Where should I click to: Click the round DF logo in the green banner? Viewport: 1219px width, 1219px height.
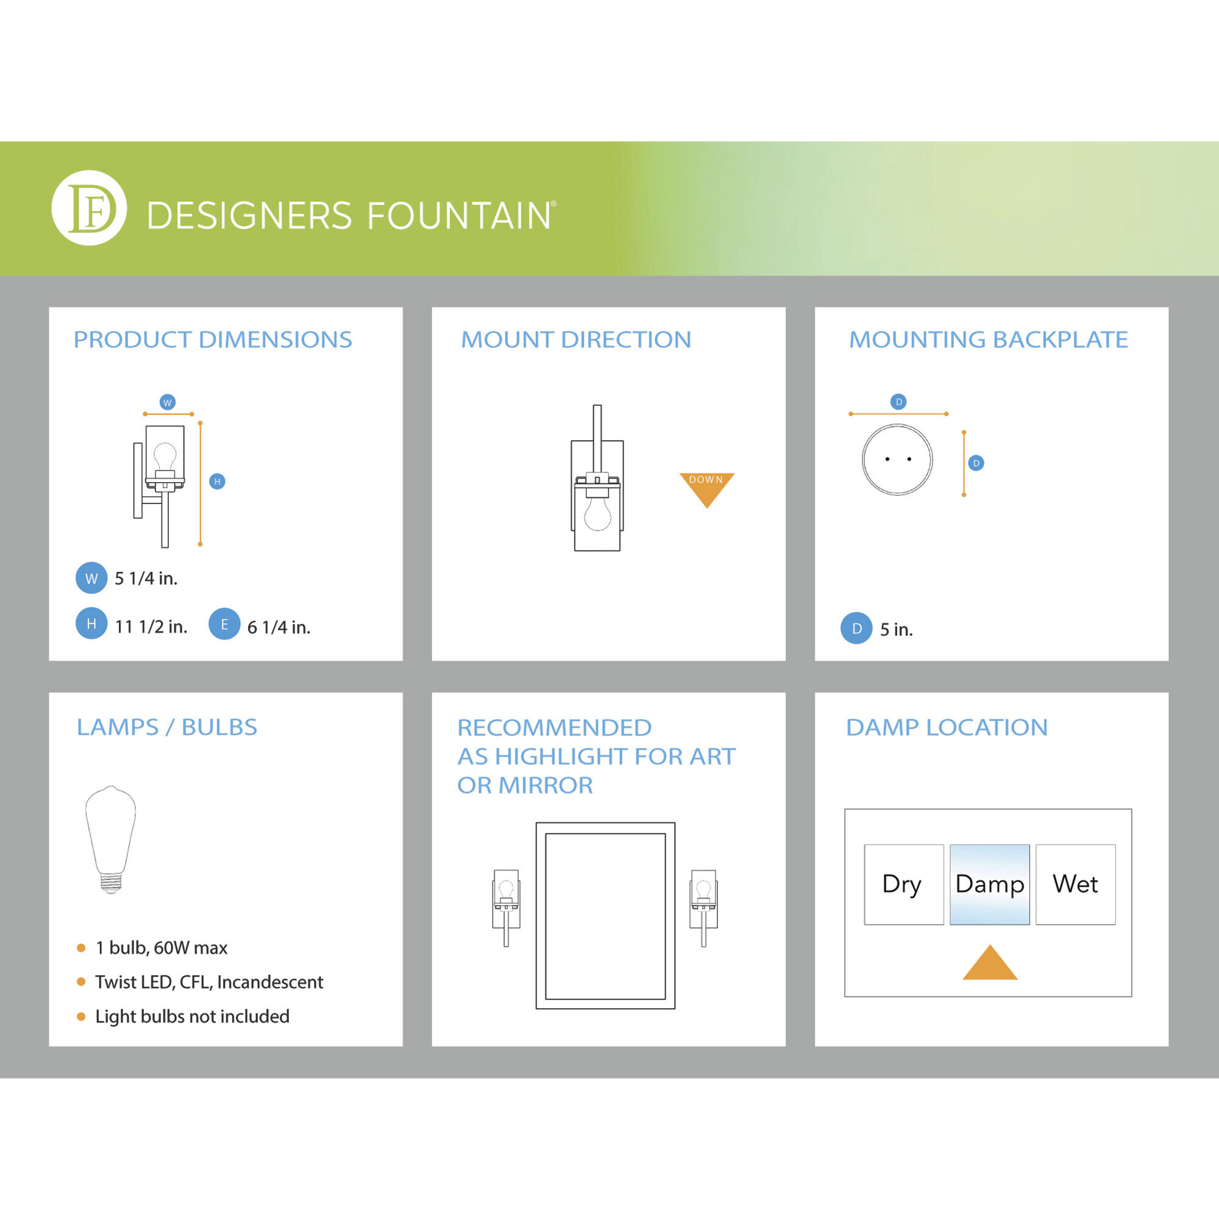tap(89, 208)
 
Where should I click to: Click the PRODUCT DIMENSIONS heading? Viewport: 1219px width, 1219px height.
tap(213, 339)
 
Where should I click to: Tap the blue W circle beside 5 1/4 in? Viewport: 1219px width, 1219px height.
tap(91, 578)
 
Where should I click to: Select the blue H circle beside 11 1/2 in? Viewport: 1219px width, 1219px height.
tap(91, 624)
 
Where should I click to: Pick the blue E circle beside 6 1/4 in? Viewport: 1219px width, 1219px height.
tap(225, 624)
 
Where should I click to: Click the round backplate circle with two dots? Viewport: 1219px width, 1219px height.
tap(897, 460)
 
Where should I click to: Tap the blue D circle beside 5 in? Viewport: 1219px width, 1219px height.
tap(857, 628)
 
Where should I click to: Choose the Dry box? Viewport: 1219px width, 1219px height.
tap(904, 884)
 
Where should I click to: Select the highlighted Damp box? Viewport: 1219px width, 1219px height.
tap(990, 884)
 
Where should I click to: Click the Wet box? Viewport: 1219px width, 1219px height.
tap(1076, 884)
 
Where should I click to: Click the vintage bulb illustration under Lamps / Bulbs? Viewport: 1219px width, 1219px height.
tap(110, 840)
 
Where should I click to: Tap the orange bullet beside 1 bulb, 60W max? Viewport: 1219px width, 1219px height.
tap(81, 948)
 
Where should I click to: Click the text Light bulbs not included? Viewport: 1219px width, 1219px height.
tap(193, 1017)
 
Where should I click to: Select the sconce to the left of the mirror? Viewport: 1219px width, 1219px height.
tap(506, 908)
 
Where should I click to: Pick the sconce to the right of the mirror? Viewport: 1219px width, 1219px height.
tap(703, 908)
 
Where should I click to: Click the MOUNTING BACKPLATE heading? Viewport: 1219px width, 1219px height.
tap(988, 339)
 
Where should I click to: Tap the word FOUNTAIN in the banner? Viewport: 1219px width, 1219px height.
tap(459, 216)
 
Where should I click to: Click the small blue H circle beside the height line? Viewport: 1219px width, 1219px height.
tap(217, 482)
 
